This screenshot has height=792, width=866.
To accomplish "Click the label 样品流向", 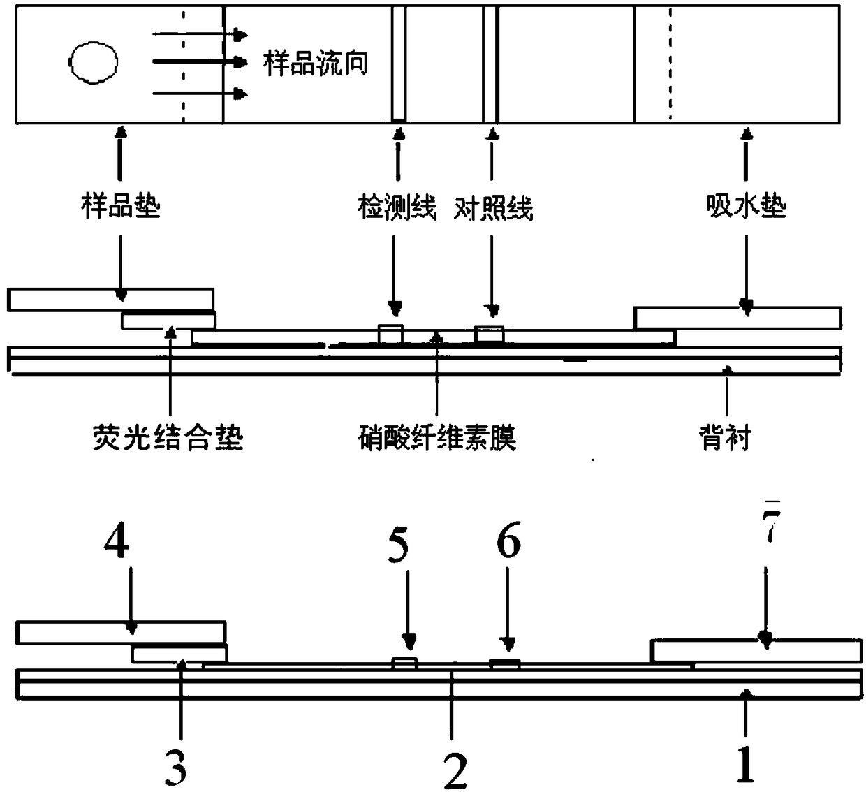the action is pyautogui.click(x=316, y=64).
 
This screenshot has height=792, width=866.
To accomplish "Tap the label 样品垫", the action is pyautogui.click(x=121, y=207).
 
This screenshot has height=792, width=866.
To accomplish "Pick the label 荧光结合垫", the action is pyautogui.click(x=168, y=437).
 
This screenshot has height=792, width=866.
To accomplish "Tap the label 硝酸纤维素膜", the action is pyautogui.click(x=437, y=438).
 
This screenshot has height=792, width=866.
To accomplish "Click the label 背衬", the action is pyautogui.click(x=725, y=437).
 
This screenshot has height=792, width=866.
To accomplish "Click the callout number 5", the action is pyautogui.click(x=398, y=546).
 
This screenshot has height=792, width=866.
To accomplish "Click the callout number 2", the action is pyautogui.click(x=455, y=770).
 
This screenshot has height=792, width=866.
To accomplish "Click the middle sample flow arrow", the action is pyautogui.click(x=200, y=62).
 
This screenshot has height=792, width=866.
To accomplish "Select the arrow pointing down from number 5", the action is pyautogui.click(x=409, y=610).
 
